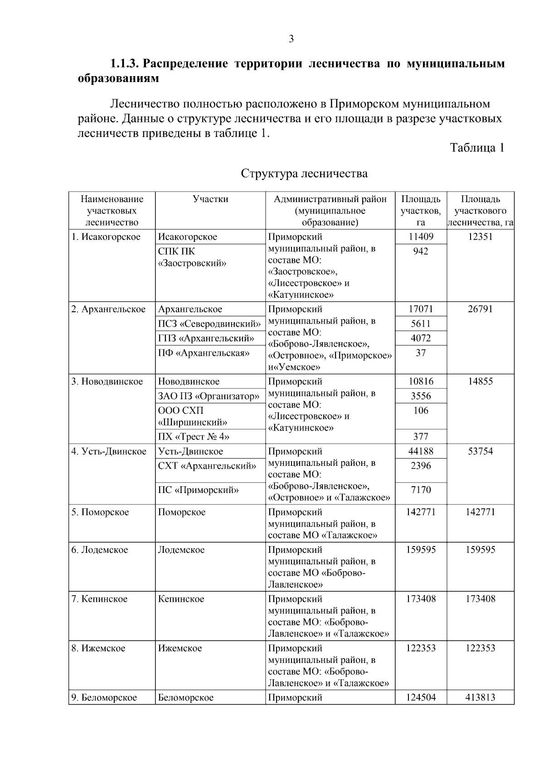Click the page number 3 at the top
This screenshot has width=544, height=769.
pos(291,39)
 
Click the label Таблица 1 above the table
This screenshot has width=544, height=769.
pos(477,148)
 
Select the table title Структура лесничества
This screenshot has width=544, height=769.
pos(304,174)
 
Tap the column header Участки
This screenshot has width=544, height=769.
pos(210,199)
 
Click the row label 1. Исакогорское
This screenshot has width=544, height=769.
pos(106,237)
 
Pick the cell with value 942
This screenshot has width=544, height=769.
pos(421,251)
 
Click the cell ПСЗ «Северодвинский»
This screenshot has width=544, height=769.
pos(209,324)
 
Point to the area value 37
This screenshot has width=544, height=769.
pos(421,353)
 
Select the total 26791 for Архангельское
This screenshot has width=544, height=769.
pos(480,310)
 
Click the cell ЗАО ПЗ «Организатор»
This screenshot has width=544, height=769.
pos(209,396)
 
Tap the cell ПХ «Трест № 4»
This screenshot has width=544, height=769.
pos(194,437)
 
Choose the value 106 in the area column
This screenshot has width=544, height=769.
pos(421,411)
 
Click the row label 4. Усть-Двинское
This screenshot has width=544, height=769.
pos(109,452)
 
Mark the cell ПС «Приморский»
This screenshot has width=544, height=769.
pos(199,490)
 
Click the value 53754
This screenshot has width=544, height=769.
pos(480,452)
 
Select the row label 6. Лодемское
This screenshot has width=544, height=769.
pos(100,550)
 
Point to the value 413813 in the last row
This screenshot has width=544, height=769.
pos(480,697)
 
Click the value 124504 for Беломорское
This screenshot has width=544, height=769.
pos(421,697)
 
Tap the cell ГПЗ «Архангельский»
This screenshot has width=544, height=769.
pos(206,339)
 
